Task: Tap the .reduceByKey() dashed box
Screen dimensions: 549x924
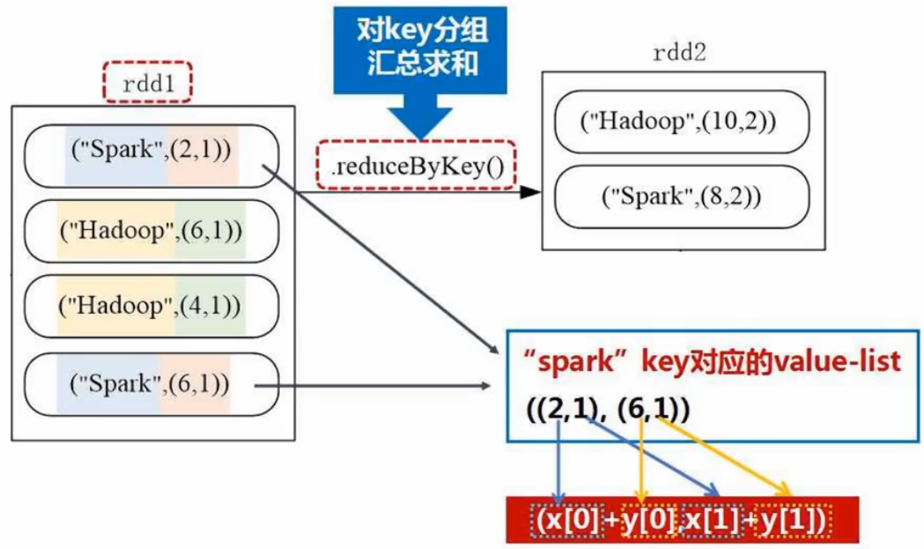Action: tap(416, 164)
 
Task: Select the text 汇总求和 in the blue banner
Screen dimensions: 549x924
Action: tap(421, 67)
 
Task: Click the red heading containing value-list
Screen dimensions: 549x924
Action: tap(710, 362)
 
